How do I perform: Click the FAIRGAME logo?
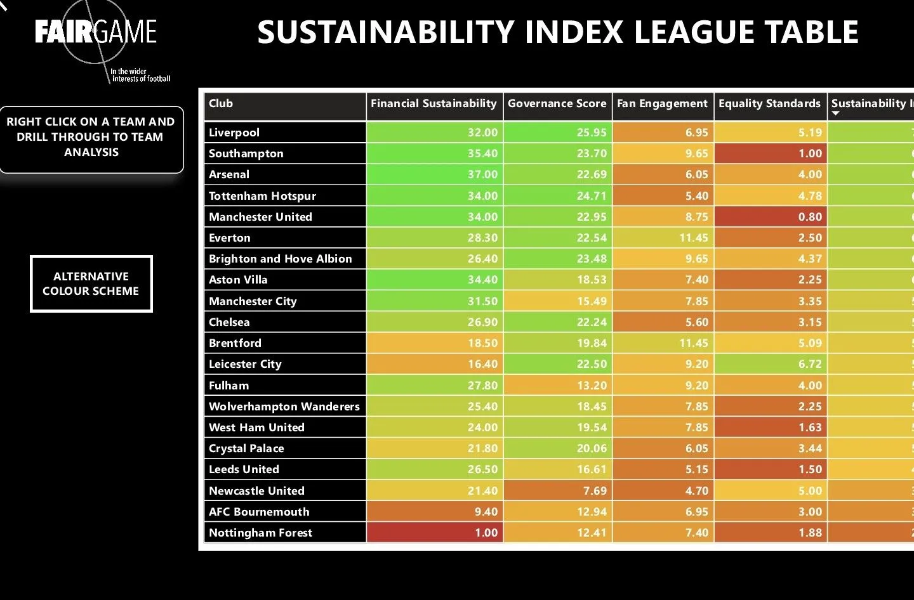coord(96,32)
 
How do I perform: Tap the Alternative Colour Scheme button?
coord(91,284)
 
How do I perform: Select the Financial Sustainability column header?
coord(434,103)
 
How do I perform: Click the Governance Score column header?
coord(557,103)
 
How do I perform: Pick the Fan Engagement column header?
coord(662,103)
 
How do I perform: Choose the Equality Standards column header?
coord(769,103)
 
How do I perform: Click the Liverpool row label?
coord(234,133)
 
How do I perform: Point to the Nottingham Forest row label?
coord(260,533)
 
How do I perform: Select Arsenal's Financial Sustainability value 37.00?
coord(482,174)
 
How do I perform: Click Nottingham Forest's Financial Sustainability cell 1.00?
coord(486,533)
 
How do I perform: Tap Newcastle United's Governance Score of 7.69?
coord(592,491)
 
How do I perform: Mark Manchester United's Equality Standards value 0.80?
coord(810,217)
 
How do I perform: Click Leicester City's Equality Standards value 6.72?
coord(810,364)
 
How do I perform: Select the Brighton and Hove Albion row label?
coord(280,259)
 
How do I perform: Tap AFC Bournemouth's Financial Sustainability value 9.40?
coord(486,512)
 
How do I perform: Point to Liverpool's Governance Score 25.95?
coord(592,133)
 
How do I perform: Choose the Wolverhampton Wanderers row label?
coord(284,407)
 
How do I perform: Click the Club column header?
coord(221,103)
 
